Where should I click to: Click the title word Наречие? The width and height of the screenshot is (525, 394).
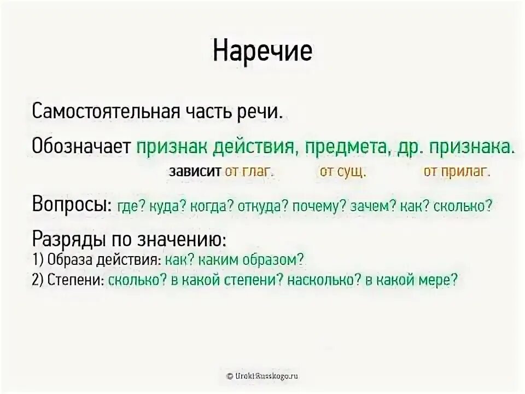(262, 51)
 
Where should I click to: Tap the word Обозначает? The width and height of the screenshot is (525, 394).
(80, 146)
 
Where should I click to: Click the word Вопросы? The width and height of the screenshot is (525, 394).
(72, 206)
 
